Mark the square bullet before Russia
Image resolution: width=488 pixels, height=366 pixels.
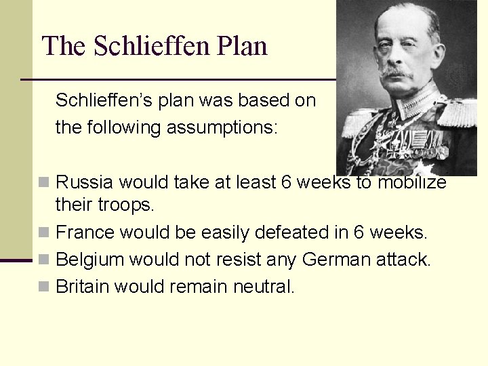(44, 182)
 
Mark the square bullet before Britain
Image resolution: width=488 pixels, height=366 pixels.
(44, 286)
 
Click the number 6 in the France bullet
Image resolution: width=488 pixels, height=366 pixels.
(358, 232)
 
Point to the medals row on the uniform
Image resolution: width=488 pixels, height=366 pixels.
(420, 146)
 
